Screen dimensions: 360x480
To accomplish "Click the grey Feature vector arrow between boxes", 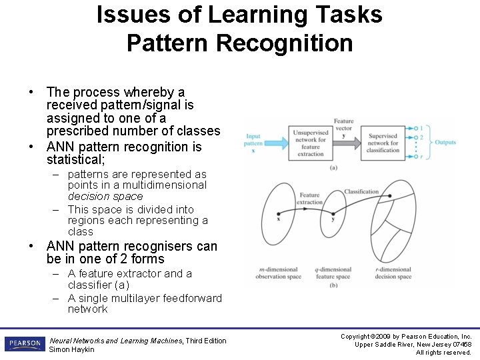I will click(x=346, y=141).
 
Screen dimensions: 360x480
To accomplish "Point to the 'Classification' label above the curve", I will click(x=361, y=192).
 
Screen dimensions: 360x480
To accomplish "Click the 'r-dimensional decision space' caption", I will click(x=393, y=273).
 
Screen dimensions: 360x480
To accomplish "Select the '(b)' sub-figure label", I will click(x=333, y=286).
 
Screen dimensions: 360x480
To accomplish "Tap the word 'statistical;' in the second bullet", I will click(x=75, y=160).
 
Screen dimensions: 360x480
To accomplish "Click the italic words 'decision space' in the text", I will click(x=105, y=197).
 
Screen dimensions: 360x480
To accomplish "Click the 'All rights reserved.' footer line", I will click(x=443, y=353).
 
